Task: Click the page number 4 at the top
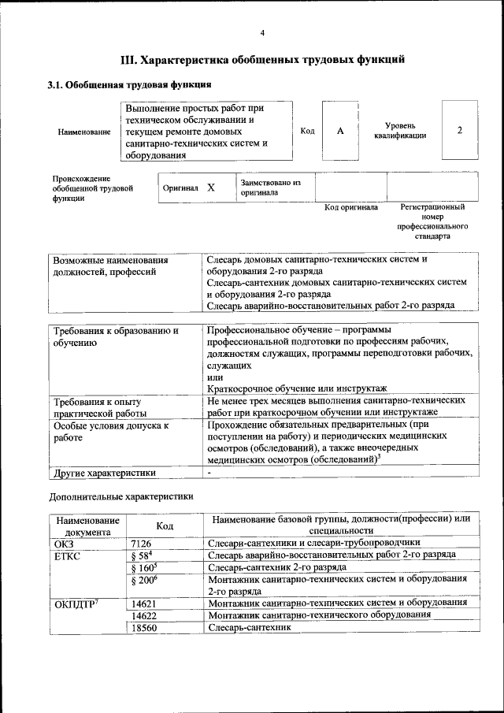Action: point(262,32)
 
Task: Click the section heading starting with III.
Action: point(262,59)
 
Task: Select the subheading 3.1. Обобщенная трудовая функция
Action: point(128,84)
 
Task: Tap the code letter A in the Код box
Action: point(340,131)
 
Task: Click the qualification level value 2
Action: point(459,131)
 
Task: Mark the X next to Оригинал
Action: point(211,188)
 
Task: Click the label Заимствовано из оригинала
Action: point(271,188)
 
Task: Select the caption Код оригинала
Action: point(351,208)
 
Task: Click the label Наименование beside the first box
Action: point(84,132)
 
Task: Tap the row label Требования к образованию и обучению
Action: point(115,336)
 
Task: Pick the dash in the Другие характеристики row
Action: point(209,473)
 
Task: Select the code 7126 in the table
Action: point(141,544)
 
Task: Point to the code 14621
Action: point(144,603)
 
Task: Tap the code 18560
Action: point(144,628)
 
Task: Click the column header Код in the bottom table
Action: point(165,525)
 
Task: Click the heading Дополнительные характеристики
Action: point(120,497)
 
